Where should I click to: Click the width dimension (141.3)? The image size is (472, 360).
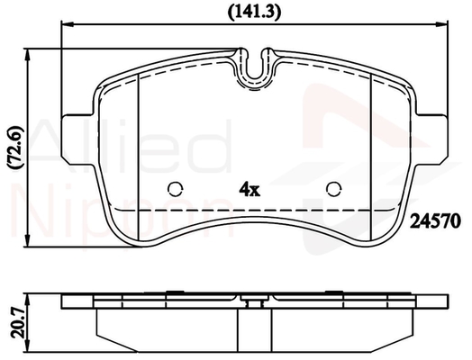point(254,13)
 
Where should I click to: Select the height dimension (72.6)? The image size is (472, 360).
point(15,148)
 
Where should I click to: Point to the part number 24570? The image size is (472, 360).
point(436,221)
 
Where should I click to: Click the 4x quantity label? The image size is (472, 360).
point(250,190)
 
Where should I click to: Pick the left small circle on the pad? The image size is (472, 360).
point(176,189)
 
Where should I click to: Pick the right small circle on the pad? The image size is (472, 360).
point(334,189)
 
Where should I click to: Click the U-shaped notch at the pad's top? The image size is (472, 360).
point(255,79)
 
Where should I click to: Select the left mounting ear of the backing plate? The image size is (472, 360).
point(79,139)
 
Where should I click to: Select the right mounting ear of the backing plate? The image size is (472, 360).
point(431,139)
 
